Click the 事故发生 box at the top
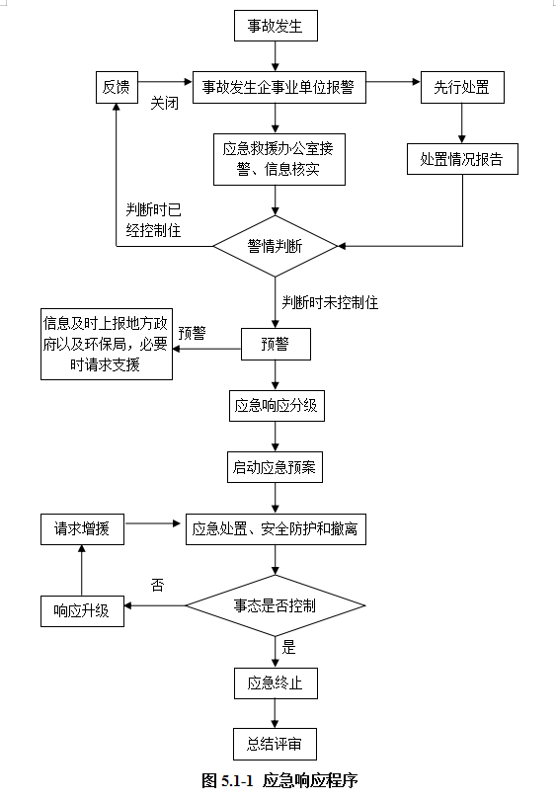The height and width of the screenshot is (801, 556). tap(276, 26)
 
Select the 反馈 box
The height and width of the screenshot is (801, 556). tap(117, 87)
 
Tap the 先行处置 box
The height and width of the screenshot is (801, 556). tap(462, 87)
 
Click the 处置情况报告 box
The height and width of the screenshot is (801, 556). tap(462, 159)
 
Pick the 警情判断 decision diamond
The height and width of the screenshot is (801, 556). tap(276, 246)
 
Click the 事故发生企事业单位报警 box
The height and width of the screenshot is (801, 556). tap(279, 87)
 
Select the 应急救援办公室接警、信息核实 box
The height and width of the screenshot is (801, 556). tap(279, 159)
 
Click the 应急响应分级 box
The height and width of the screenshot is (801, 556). tap(277, 406)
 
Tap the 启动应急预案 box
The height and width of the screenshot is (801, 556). tap(275, 467)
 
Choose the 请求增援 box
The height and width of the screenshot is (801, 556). tap(82, 528)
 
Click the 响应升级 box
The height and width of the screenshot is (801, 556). tap(82, 611)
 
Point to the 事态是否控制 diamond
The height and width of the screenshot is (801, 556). tap(276, 605)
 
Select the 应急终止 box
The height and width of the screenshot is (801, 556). tap(276, 683)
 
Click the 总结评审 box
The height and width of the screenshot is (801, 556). tap(275, 744)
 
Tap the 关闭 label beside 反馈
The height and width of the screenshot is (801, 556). tap(164, 103)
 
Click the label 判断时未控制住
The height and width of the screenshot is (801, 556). tap(330, 302)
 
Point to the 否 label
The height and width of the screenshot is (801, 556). tap(157, 585)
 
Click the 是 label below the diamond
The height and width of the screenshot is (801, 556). tap(288, 647)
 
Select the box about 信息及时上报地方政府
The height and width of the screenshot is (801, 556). tap(107, 344)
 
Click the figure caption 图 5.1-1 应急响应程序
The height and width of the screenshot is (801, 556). tap(279, 780)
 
